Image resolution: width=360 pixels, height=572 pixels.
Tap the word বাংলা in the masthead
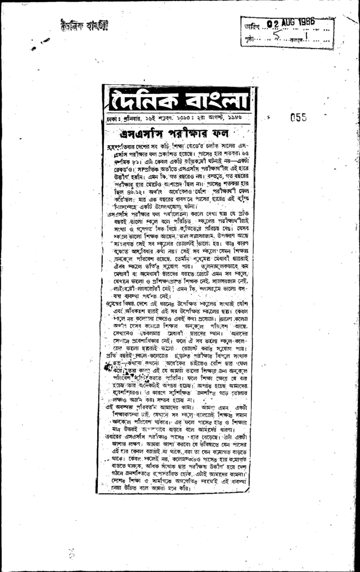[214, 101]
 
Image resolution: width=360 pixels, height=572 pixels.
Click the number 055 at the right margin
[299, 117]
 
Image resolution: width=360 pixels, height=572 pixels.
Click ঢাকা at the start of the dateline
[112, 120]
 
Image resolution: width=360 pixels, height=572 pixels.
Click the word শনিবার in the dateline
[131, 120]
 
